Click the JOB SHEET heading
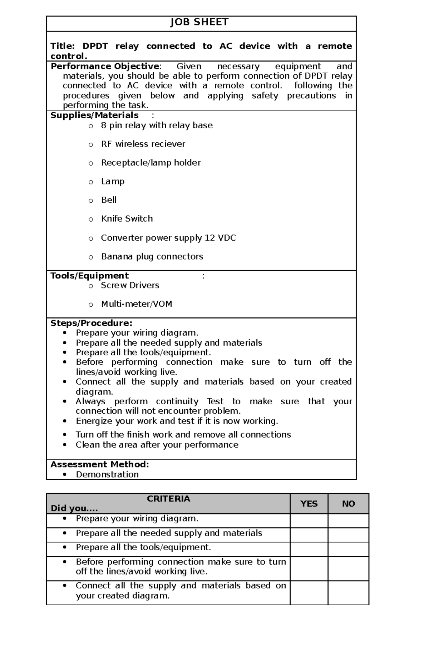tap(199, 22)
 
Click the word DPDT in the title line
tap(95, 46)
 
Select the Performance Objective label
tap(105, 66)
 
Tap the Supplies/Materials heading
tap(94, 115)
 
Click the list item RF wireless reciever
tap(143, 144)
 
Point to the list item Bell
tap(109, 200)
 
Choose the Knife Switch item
tap(127, 218)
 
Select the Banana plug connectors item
tap(152, 256)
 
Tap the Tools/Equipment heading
tap(89, 276)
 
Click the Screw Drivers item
tap(130, 285)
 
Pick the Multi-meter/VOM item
tap(137, 304)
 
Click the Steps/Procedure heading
tap(91, 323)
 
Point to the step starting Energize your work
tap(177, 421)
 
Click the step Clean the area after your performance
tap(157, 445)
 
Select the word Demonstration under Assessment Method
tap(107, 474)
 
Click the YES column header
tap(309, 504)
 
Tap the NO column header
tap(348, 504)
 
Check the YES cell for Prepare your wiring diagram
tap(309, 521)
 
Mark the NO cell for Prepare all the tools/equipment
tap(348, 549)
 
